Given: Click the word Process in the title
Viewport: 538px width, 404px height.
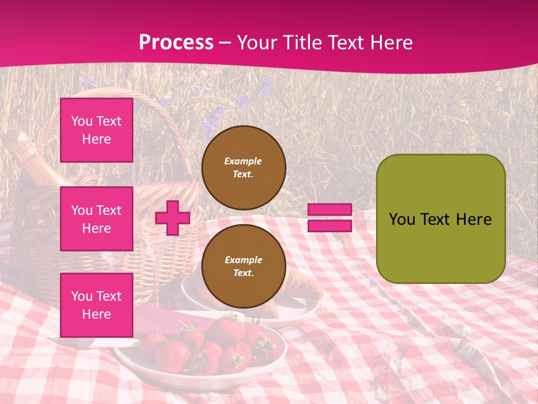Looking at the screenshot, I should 176,43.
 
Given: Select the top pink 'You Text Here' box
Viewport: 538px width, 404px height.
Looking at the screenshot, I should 96,130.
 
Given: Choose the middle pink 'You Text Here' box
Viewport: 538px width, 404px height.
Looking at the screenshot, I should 96,219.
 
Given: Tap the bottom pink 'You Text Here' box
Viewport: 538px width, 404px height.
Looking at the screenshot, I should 96,305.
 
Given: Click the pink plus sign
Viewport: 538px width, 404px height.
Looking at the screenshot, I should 172,218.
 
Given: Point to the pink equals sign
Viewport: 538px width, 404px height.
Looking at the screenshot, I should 330,218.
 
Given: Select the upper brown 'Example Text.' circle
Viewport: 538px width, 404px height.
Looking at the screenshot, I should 243,168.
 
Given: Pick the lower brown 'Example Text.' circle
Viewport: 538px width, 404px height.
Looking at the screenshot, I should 243,267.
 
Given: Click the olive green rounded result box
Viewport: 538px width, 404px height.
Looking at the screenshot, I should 440,219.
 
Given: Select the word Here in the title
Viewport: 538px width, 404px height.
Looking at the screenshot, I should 392,43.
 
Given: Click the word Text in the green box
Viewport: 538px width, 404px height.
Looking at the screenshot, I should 440,219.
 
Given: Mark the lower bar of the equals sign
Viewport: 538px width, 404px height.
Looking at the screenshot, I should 330,226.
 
